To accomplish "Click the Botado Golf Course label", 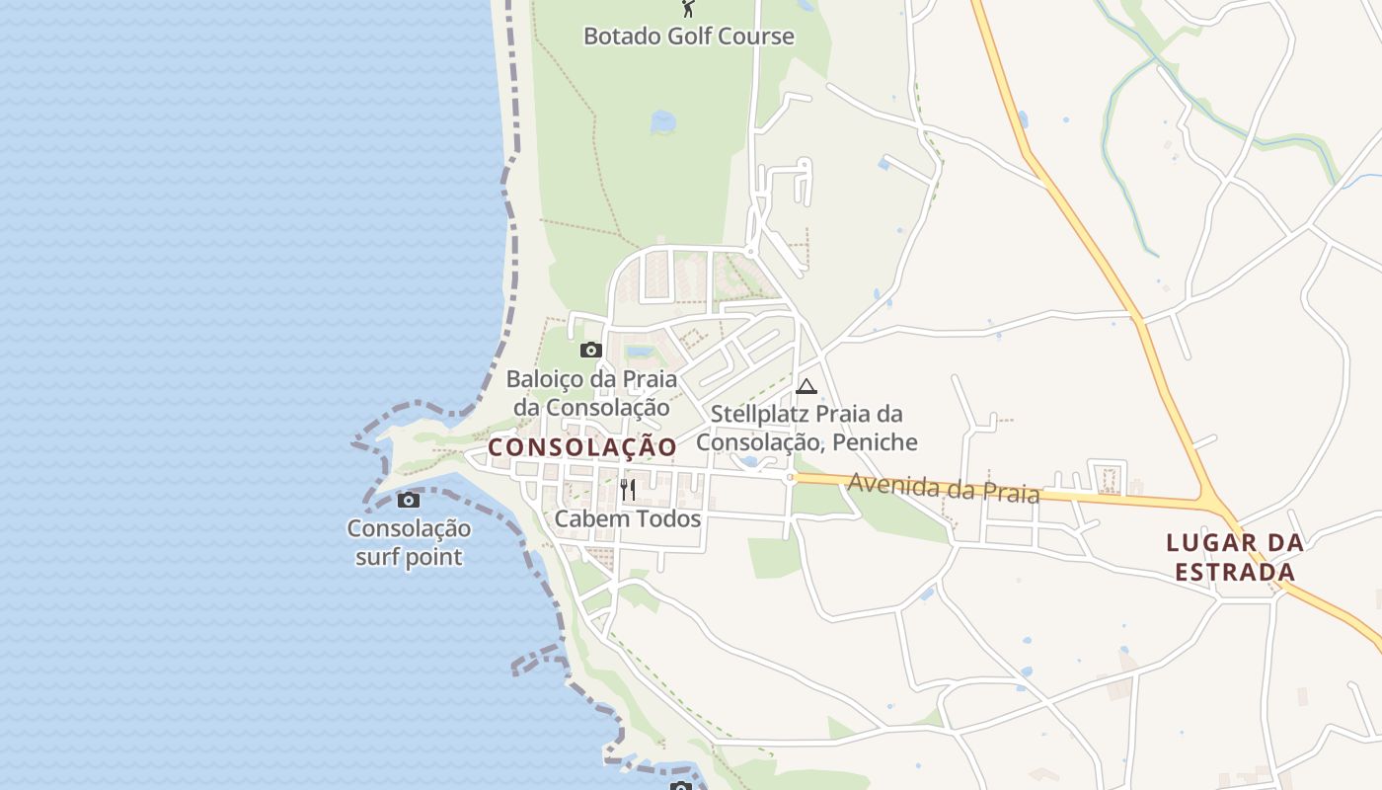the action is tap(688, 37).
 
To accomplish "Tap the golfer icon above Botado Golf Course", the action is tap(688, 9).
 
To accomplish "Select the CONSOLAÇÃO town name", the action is tap(582, 447).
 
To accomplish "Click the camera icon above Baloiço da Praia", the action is tap(590, 350).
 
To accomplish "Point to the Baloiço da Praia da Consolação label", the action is tap(591, 393).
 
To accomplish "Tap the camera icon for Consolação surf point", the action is tap(408, 500).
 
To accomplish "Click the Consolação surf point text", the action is tap(409, 543).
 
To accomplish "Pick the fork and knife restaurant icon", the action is tap(628, 489).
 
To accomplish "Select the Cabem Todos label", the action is tap(628, 518).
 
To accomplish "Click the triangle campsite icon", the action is tap(806, 386).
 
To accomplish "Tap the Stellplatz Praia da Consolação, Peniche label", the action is tap(806, 428).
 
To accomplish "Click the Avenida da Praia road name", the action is tap(943, 488).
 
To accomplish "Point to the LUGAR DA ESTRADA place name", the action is tap(1235, 557).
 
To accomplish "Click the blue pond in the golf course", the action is tap(662, 121).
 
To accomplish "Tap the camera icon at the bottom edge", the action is tap(679, 786).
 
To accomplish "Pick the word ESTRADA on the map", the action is tap(1235, 572).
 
